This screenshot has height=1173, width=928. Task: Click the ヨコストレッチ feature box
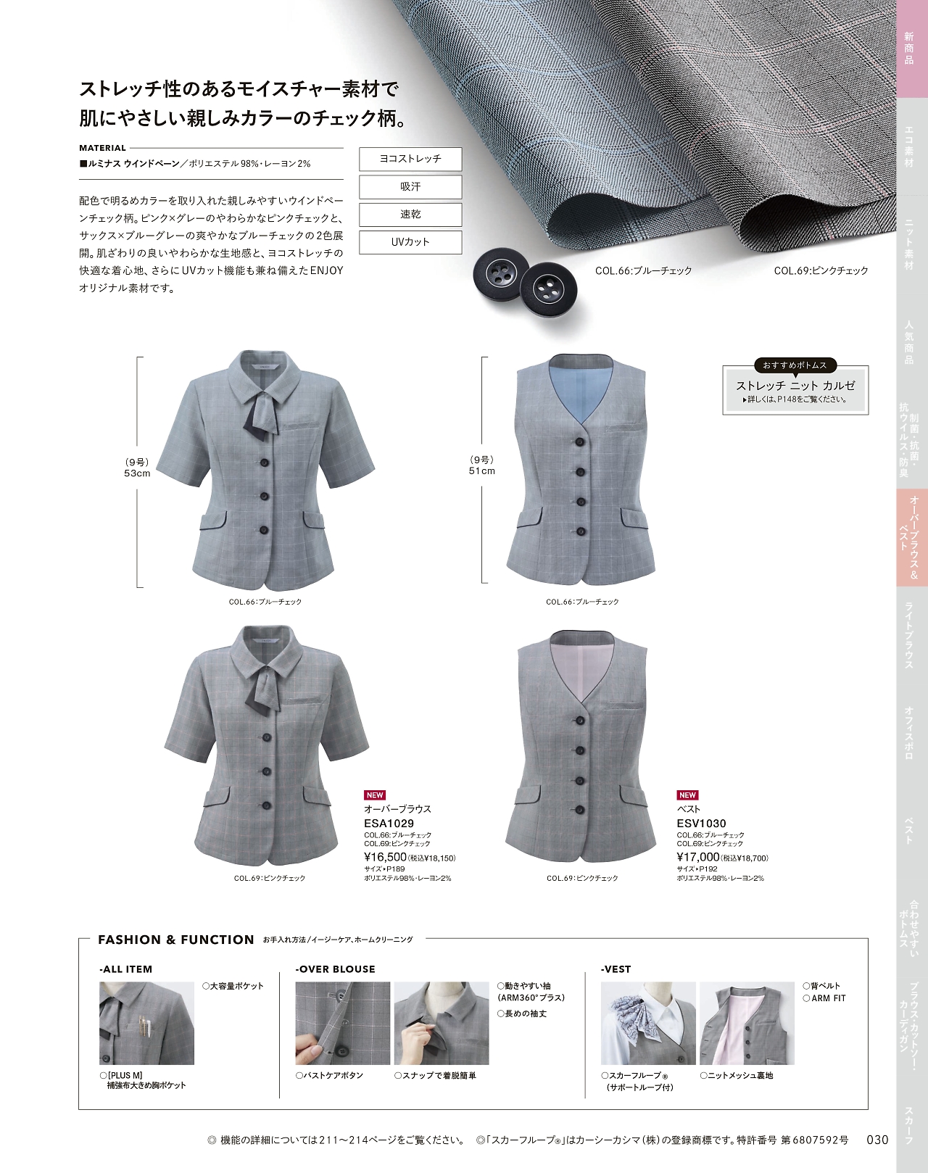(410, 159)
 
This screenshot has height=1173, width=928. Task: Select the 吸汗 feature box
(410, 186)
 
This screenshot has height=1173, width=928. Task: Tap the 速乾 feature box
(410, 214)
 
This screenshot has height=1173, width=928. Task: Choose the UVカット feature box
(410, 242)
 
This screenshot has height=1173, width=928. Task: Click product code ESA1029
(389, 823)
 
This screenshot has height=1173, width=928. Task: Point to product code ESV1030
(701, 823)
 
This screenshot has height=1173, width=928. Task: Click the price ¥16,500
(386, 858)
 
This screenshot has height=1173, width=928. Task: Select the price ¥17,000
(698, 858)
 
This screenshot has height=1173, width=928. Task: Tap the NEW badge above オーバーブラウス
(375, 795)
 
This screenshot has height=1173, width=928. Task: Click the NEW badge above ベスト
(687, 795)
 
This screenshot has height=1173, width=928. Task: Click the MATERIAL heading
(102, 148)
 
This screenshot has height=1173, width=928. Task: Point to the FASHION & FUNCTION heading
(176, 940)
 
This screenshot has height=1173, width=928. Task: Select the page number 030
(877, 1139)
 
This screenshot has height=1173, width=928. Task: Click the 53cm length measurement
(137, 473)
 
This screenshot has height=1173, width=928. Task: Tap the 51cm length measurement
(482, 471)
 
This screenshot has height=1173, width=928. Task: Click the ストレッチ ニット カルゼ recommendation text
(795, 386)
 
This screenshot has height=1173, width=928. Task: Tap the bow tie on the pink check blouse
(263, 690)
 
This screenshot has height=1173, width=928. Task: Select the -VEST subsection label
(616, 969)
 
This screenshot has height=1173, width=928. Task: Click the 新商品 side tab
(909, 49)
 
